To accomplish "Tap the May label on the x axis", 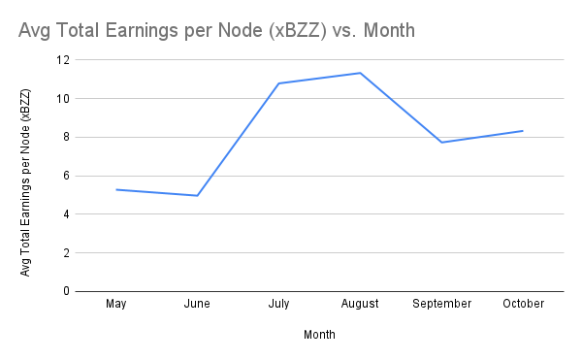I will point(116,304).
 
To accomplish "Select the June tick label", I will point(198,304).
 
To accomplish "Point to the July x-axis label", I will point(279,304).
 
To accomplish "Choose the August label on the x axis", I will point(361,304).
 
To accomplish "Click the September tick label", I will point(442,304).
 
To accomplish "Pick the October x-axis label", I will point(524,304).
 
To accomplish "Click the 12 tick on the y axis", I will point(64,60).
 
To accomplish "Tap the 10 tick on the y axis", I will point(64,98).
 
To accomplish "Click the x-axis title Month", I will point(320,335).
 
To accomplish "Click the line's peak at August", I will point(361,73).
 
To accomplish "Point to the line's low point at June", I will point(198,195).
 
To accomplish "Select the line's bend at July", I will point(279,83).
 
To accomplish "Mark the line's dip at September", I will point(442,143).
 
